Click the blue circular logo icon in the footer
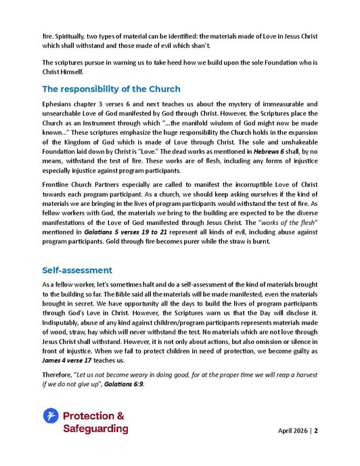pos(50,415)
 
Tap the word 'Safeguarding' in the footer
pos(95,428)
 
